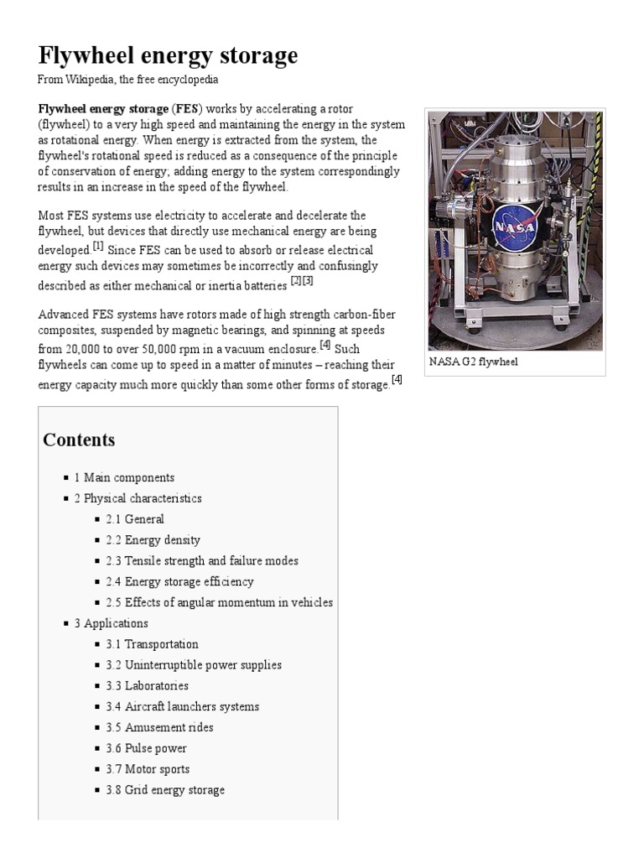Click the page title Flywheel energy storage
[x=168, y=55]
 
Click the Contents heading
[x=79, y=440]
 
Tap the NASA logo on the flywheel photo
[x=512, y=228]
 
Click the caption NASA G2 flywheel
[x=473, y=362]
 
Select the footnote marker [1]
[x=98, y=247]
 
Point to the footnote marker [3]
[x=308, y=281]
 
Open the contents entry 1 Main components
[x=124, y=477]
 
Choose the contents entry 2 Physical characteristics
[x=138, y=498]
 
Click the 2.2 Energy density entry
[x=153, y=540]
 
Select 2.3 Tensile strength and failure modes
[x=201, y=561]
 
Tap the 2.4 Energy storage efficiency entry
[x=179, y=581]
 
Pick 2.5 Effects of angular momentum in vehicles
[x=219, y=602]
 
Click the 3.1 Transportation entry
[x=152, y=644]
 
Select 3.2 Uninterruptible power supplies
[x=194, y=665]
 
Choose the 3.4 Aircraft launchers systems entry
[x=182, y=706]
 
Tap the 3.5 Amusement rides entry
[x=159, y=727]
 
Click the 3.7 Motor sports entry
[x=148, y=769]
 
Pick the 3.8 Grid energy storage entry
[x=165, y=790]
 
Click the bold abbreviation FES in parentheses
[x=187, y=109]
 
